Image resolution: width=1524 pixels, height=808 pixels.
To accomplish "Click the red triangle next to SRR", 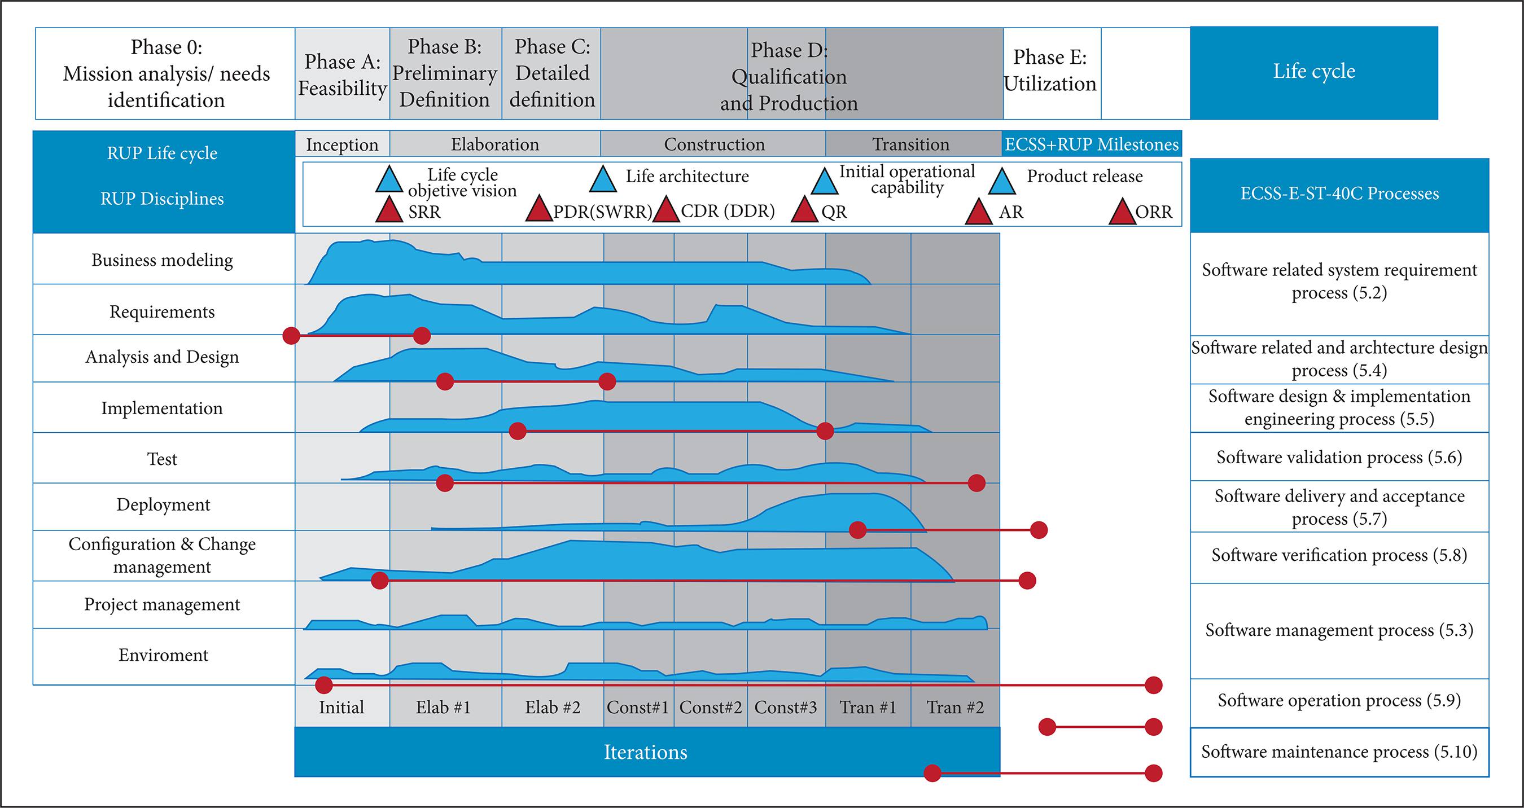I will point(389,211).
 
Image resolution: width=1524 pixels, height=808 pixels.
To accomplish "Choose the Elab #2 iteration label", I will point(553,708).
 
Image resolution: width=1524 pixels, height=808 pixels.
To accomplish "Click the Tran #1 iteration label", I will point(868,708).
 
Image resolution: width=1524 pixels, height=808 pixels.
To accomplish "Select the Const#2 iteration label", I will point(710,708).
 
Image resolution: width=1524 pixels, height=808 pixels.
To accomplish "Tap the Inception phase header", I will point(342,144).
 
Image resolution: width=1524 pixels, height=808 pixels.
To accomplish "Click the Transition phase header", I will point(910,144).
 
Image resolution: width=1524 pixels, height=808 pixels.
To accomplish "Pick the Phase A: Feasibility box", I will point(342,74).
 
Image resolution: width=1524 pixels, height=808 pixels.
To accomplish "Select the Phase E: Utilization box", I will point(1050,71).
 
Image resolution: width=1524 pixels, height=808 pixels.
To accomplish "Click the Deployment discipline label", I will point(163,504).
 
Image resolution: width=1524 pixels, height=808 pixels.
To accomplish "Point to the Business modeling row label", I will point(162,260).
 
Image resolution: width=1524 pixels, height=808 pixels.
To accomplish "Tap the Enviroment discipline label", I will point(163,655).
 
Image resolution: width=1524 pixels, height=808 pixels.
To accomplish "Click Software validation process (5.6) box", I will point(1339,457).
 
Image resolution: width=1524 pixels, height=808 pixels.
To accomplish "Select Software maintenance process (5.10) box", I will point(1339,752).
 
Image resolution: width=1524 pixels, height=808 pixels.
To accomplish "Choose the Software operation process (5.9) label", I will point(1339,701).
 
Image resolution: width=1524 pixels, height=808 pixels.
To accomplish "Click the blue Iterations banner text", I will point(646,752).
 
